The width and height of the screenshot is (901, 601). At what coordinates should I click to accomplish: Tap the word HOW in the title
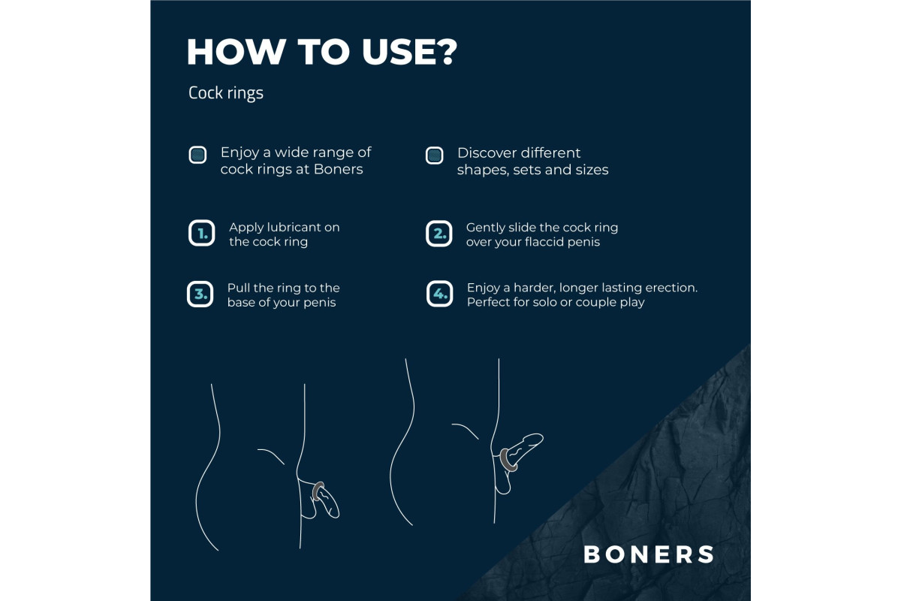[236, 52]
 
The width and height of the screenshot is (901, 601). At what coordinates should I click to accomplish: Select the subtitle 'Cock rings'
[226, 93]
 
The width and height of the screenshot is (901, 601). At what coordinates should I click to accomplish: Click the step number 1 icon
[201, 233]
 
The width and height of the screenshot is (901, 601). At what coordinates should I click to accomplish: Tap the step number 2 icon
[438, 234]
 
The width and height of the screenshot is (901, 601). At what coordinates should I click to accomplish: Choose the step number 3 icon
[200, 294]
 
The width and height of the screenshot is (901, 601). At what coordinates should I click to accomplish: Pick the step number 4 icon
[440, 294]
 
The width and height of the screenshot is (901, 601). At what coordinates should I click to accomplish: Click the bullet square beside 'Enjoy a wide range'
[197, 155]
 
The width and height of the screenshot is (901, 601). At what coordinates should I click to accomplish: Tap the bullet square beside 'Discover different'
[435, 156]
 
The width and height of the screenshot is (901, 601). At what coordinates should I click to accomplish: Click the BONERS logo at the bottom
[649, 554]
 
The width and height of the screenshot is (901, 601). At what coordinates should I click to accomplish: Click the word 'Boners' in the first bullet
[339, 169]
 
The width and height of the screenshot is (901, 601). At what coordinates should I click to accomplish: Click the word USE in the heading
[398, 52]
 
